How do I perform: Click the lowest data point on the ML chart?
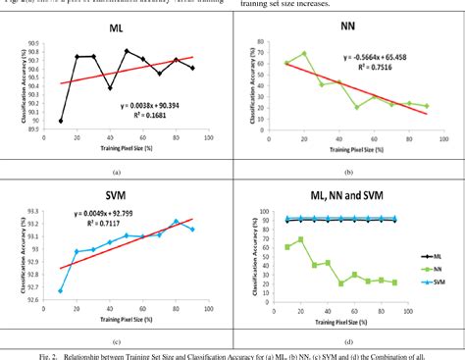click(x=61, y=121)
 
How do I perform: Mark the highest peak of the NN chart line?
click(x=304, y=53)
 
